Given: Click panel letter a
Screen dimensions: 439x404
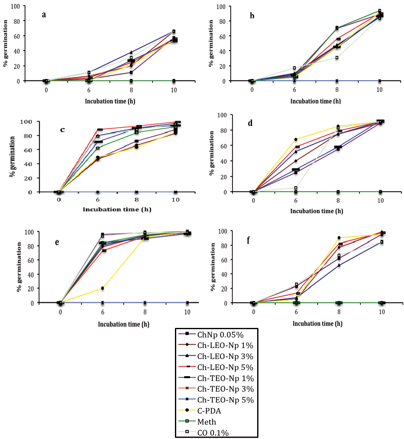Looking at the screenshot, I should pyautogui.click(x=44, y=15).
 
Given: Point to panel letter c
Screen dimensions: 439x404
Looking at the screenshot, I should pyautogui.click(x=63, y=129).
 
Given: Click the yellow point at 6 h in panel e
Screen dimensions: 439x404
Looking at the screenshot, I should pyautogui.click(x=102, y=288).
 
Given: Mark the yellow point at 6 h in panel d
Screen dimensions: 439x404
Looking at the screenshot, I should pyautogui.click(x=296, y=140).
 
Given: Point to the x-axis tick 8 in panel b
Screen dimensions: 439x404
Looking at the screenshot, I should pyautogui.click(x=337, y=89).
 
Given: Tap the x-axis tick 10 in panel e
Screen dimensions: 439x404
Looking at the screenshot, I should pyautogui.click(x=187, y=312).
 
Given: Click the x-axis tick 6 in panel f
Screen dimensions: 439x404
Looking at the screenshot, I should pyautogui.click(x=296, y=312).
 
